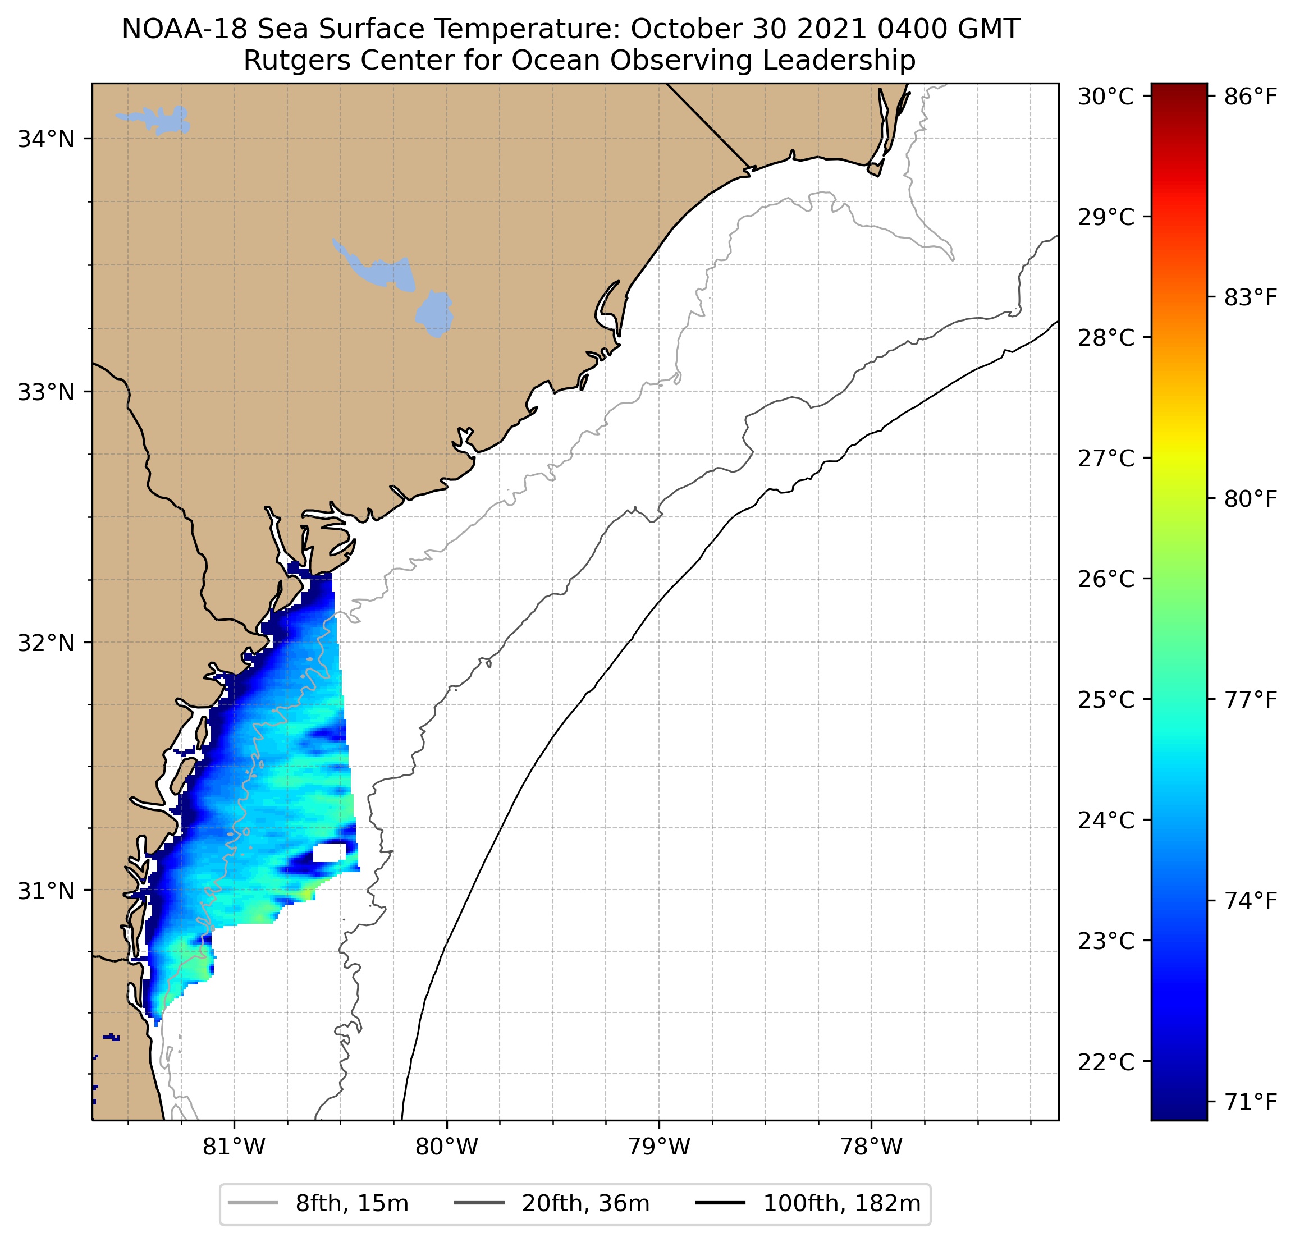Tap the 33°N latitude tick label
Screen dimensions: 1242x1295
[45, 392]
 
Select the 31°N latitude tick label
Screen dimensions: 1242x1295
[45, 891]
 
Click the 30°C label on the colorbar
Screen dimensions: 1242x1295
[1105, 97]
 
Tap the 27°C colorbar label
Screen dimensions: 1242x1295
[1105, 458]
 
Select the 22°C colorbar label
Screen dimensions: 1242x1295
[1105, 1062]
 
